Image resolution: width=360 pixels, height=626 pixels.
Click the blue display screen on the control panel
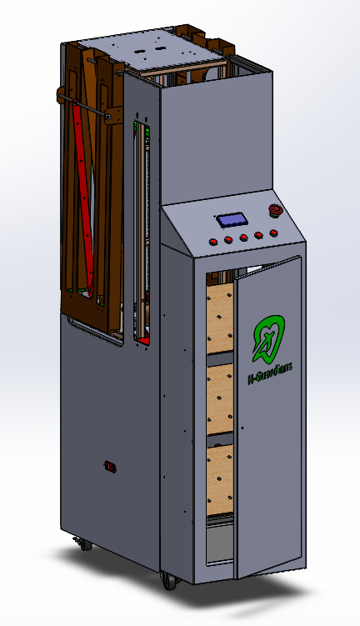click(232, 220)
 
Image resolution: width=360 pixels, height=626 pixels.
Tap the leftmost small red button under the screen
click(213, 242)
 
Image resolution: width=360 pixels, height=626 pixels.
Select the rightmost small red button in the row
click(273, 233)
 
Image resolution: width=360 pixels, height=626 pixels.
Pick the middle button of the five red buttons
click(243, 238)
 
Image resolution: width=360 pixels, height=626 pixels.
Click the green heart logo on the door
click(268, 338)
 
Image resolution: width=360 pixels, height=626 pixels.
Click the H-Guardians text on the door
click(270, 372)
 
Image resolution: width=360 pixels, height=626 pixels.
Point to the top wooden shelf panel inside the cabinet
click(220, 318)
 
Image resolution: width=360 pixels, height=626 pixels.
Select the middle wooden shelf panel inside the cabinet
click(220, 398)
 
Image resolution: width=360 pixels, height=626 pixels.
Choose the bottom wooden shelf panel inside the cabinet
click(220, 480)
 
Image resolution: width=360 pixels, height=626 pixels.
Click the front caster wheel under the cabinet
click(169, 580)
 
